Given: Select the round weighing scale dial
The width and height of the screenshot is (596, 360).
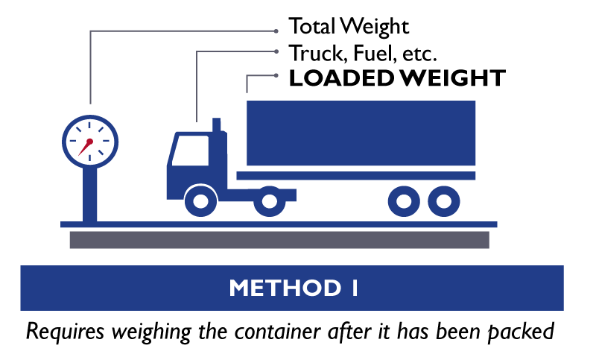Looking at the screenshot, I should (90, 140).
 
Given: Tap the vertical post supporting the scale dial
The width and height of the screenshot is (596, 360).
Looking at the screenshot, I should (90, 194).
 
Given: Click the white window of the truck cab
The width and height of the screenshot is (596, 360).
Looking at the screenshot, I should (191, 151).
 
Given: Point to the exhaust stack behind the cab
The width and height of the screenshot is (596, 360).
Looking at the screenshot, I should (217, 125).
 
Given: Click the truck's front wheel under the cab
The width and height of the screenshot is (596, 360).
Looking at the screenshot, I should (200, 201).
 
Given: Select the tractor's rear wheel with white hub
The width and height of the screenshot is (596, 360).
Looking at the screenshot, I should (269, 201).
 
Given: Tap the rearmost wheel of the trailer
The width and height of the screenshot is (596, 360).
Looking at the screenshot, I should (444, 201).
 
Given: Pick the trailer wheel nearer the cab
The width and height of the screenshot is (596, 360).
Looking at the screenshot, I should (404, 201).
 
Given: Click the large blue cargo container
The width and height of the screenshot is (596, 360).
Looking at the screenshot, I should (361, 133).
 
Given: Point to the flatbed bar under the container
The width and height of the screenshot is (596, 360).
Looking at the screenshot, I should (356, 176).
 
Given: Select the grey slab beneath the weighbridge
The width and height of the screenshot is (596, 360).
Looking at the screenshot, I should (279, 239).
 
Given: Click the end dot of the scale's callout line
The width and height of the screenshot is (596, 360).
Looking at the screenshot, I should (276, 31).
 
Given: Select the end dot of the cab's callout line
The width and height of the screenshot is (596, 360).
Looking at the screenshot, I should (276, 51).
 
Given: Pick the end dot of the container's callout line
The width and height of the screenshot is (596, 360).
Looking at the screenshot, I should (276, 75).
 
